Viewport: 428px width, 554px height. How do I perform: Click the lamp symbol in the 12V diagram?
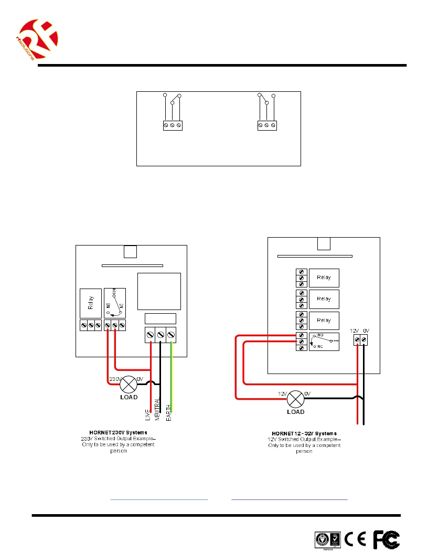pos(296,399)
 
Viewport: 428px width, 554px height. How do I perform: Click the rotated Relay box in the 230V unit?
pos(90,303)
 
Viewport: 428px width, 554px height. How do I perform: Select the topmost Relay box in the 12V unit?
pos(324,277)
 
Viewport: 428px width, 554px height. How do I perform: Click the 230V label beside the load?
pos(115,378)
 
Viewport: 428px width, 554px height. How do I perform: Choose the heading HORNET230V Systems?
pos(117,433)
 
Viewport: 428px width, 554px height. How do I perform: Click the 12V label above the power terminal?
pos(355,330)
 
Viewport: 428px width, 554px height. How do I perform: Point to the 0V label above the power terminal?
pos(366,330)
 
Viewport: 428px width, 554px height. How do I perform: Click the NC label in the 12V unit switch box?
pos(320,347)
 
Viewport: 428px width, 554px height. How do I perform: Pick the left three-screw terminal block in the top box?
pos(172,125)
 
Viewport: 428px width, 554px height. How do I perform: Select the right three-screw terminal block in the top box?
pos(266,125)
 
